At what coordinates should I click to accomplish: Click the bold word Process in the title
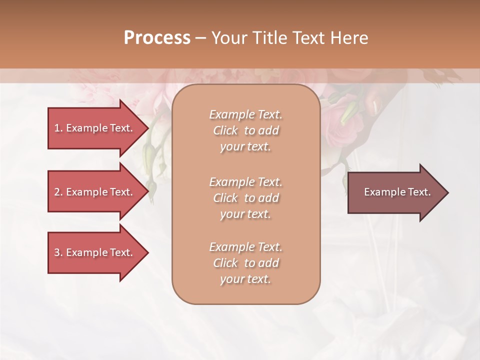(157, 37)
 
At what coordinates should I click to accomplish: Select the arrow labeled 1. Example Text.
(95, 128)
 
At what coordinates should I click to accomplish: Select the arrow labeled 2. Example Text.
(95, 192)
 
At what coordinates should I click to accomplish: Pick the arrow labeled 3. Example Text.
(95, 252)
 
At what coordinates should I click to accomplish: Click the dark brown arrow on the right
(395, 192)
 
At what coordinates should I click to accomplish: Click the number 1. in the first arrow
(58, 128)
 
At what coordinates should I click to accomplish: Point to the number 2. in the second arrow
(58, 192)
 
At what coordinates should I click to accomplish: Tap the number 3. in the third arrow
(58, 252)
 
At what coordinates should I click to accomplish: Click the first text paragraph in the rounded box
(245, 130)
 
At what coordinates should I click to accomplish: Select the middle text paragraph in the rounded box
(245, 198)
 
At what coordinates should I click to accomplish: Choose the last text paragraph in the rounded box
(245, 263)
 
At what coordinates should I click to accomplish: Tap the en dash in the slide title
(200, 38)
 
